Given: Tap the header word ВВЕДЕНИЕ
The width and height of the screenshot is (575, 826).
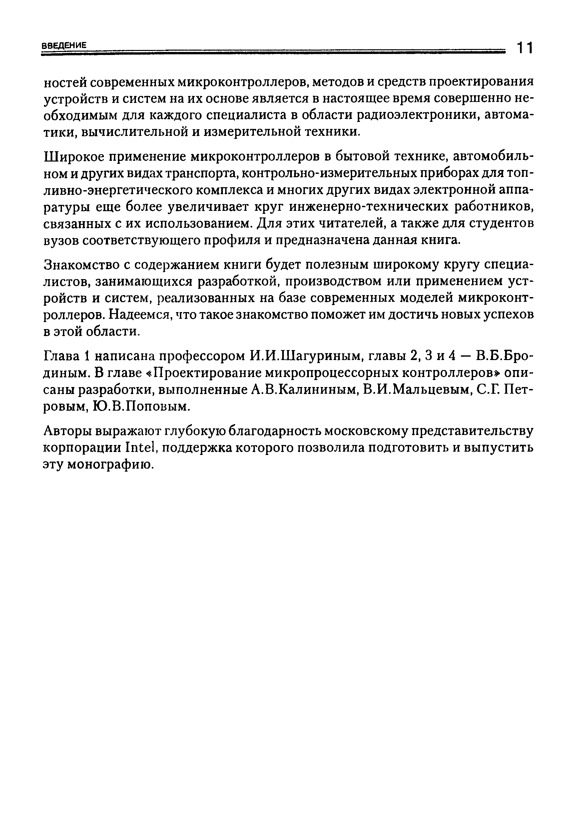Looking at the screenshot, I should coord(64,46).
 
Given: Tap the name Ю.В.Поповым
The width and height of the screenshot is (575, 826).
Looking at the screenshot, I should coord(141,407).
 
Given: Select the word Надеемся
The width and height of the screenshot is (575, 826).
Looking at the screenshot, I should coord(140,315).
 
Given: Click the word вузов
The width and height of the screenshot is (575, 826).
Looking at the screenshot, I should coord(60,240).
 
